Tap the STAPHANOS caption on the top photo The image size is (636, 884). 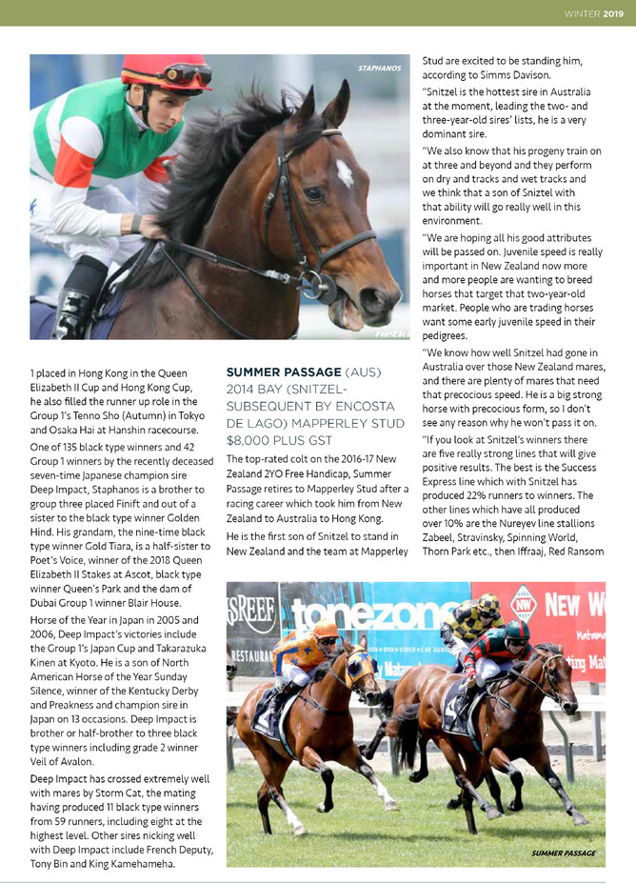click(379, 69)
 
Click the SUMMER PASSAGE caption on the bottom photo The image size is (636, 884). click(564, 854)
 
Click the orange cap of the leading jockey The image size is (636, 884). click(326, 629)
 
